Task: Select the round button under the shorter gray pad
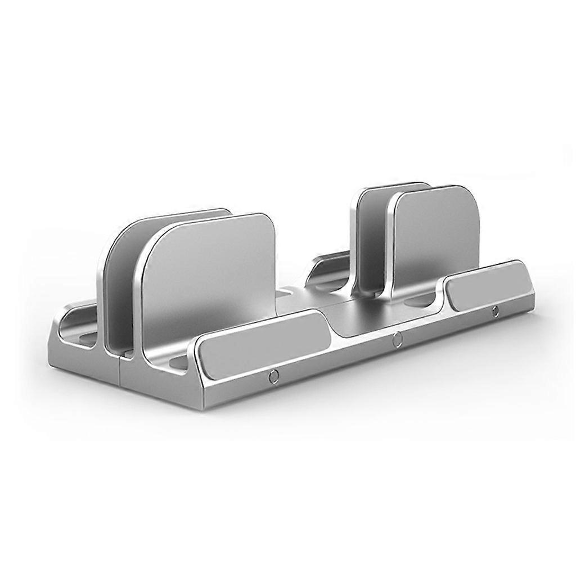coord(495,310)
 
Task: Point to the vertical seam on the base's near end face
coord(121,374)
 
